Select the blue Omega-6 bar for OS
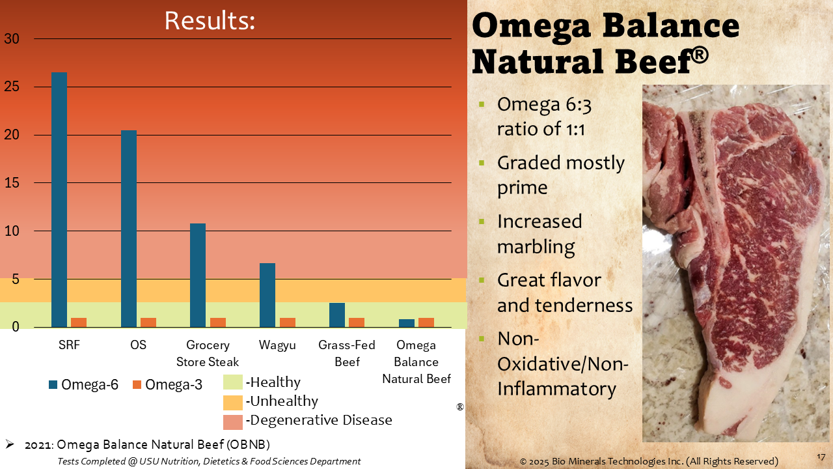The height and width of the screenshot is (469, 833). point(129,229)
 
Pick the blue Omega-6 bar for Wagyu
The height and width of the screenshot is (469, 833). point(267,295)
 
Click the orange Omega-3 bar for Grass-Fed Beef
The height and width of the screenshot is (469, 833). point(357,322)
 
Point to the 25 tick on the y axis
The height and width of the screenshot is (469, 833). point(12,87)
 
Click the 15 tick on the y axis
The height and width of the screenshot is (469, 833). point(12,183)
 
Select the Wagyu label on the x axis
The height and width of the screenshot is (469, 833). point(277,345)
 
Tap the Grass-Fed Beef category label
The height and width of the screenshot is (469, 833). point(347,353)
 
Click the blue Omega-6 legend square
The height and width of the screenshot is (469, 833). point(53,385)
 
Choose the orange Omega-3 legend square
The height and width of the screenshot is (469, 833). point(137,385)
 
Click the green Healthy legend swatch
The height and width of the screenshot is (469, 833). point(232,382)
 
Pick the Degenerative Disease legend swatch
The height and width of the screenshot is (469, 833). point(232,421)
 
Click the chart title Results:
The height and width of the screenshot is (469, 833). point(209,21)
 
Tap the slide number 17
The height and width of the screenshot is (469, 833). point(821,457)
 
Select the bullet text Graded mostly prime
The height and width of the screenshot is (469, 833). point(560,175)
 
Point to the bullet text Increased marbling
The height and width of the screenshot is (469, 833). point(539,234)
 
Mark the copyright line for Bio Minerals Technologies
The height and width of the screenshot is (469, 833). point(649,461)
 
